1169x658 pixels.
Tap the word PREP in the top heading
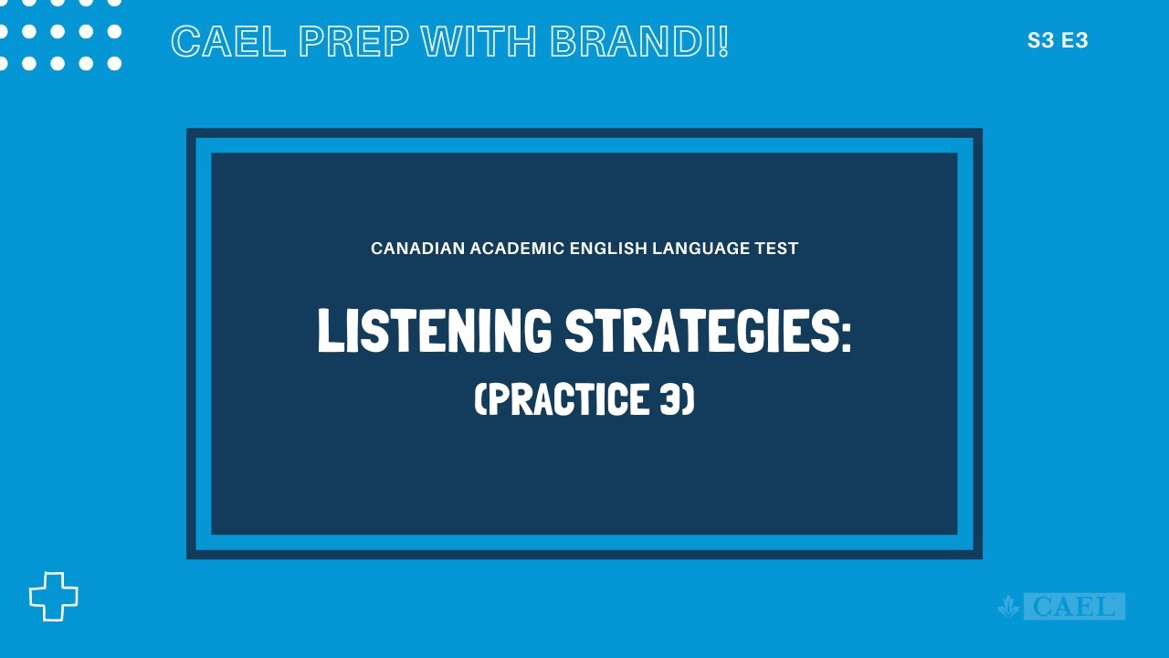pos(353,42)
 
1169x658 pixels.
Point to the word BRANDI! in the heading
pos(640,42)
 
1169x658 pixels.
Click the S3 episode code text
pos(1040,41)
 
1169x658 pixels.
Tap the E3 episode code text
pos(1075,41)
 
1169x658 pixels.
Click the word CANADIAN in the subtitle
pos(416,249)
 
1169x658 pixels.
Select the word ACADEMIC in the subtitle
pos(516,249)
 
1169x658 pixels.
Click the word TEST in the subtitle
pos(778,249)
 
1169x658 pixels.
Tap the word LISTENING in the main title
pos(435,331)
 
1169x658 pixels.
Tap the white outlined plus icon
pos(54,597)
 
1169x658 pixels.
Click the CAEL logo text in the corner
pos(1074,606)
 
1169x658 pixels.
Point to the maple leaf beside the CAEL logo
pos(1009,606)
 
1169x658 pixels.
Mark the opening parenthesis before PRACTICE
pos(480,400)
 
